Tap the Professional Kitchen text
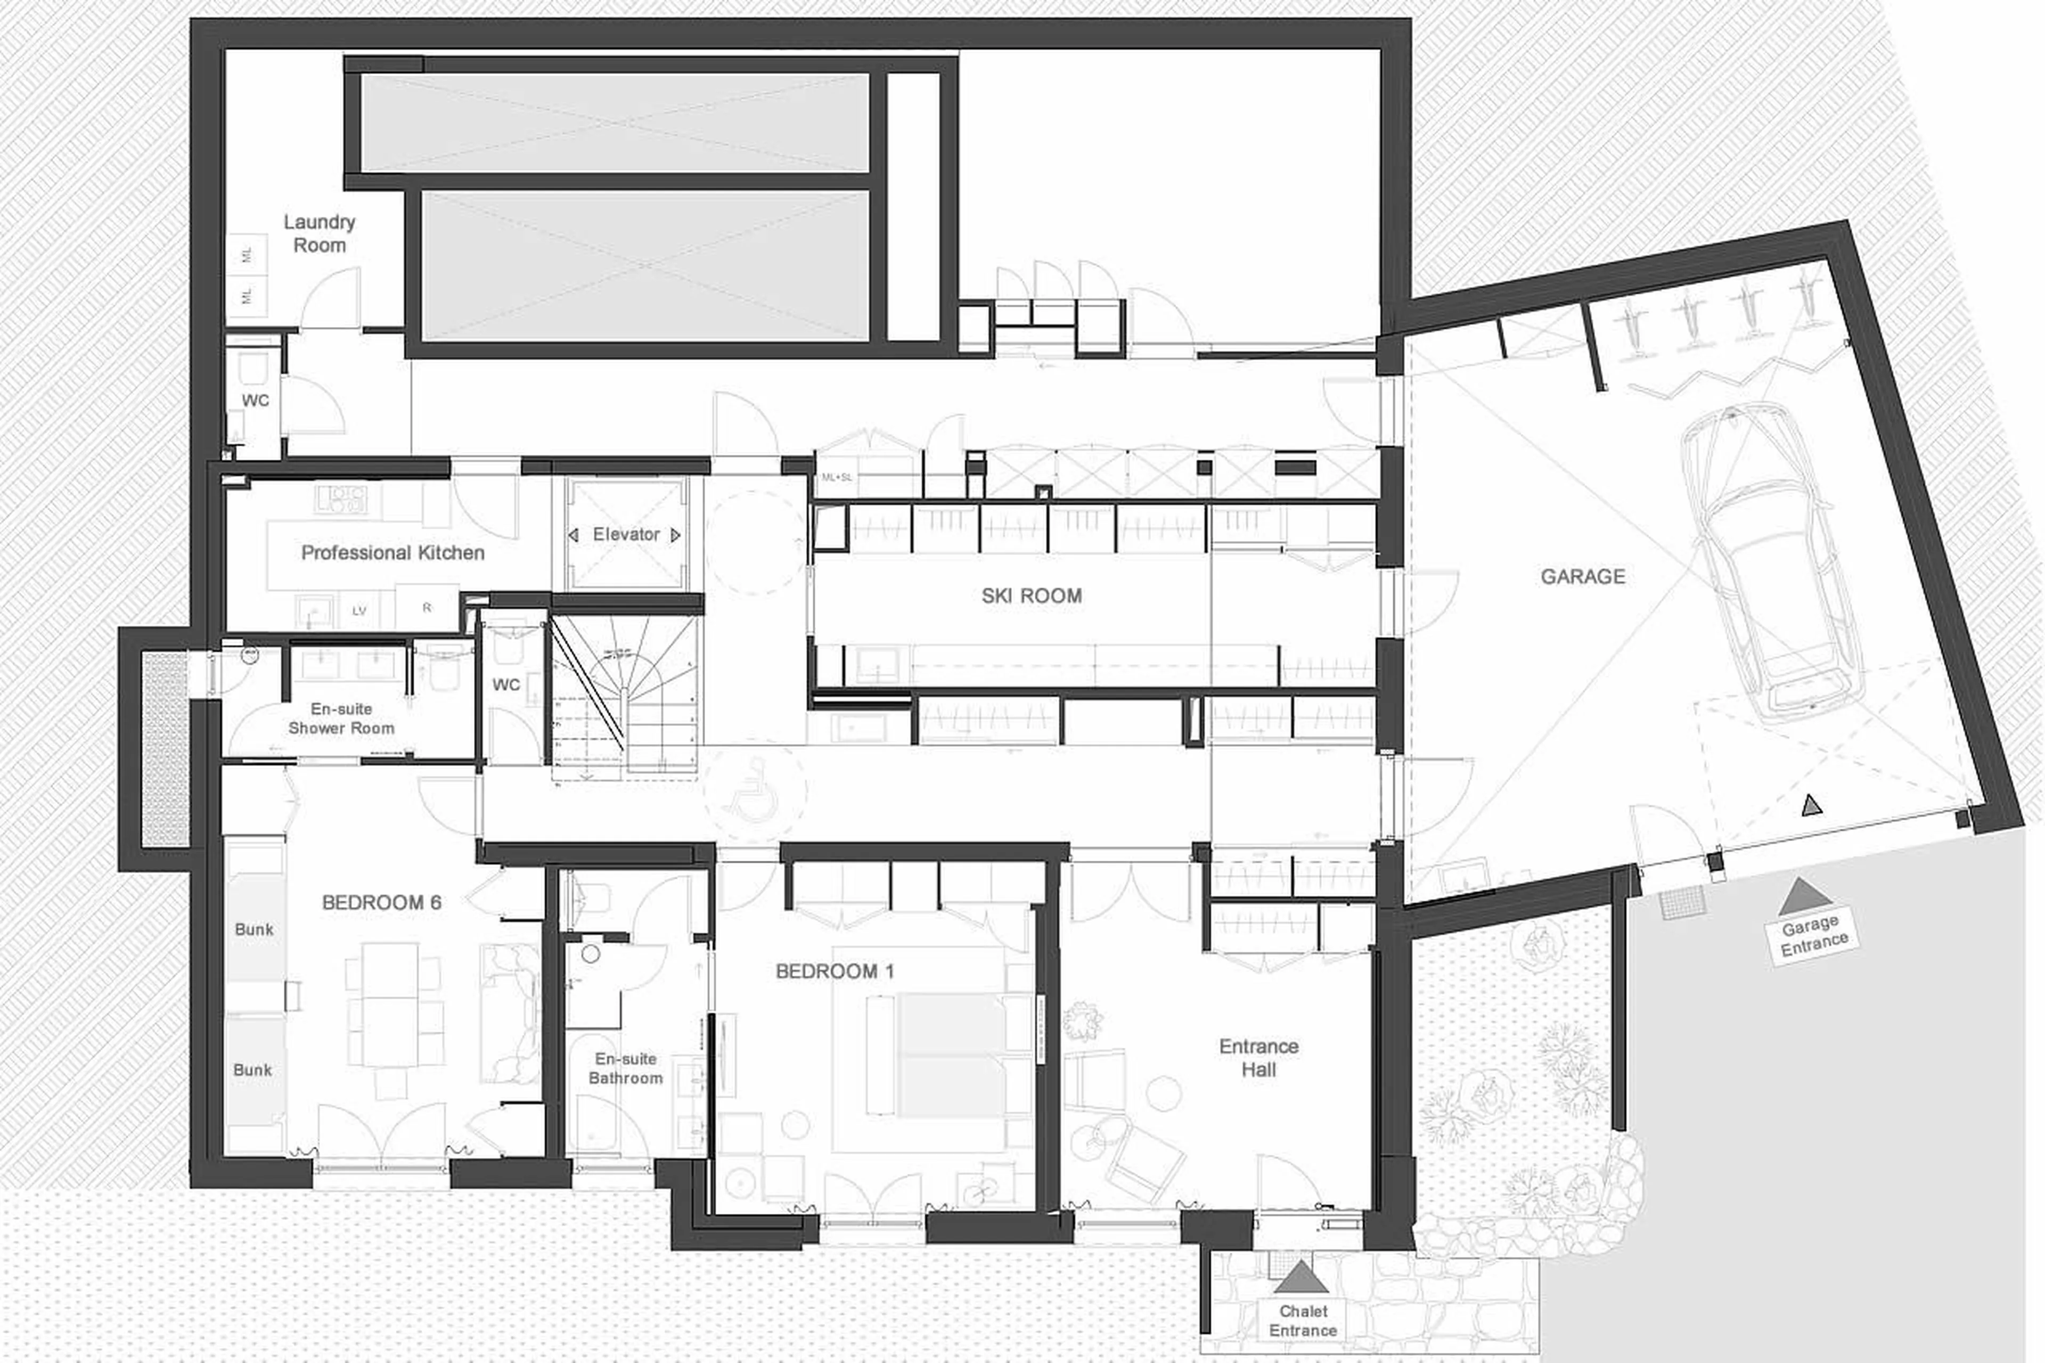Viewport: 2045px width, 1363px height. (x=392, y=553)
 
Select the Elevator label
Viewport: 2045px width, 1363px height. (x=626, y=535)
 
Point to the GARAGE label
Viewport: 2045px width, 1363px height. (x=1582, y=576)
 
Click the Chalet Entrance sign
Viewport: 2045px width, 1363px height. (x=1302, y=1320)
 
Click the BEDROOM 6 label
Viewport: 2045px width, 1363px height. (x=381, y=902)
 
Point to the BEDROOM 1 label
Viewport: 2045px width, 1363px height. (x=835, y=971)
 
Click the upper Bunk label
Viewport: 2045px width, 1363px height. (x=254, y=929)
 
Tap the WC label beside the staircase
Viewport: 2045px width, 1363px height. (x=506, y=685)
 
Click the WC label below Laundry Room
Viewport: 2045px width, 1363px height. (x=255, y=401)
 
